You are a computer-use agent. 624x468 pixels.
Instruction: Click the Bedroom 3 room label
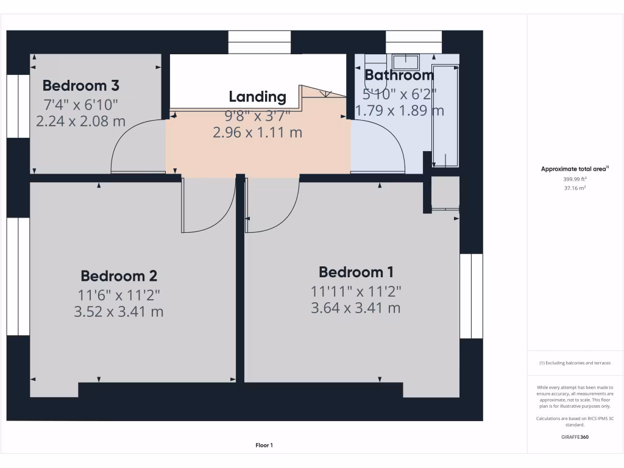click(80, 85)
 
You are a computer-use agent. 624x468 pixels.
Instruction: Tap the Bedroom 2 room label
click(119, 275)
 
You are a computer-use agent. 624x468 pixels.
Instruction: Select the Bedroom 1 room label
click(356, 272)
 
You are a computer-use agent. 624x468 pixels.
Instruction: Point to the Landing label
click(257, 96)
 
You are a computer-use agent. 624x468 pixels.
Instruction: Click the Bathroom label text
click(399, 75)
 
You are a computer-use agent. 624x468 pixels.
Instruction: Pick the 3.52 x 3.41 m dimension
click(118, 312)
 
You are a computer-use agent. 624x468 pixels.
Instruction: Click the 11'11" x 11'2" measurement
click(356, 291)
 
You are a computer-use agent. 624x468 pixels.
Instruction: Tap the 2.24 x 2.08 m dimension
click(80, 121)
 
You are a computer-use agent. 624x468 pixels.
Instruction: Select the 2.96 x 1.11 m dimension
click(257, 132)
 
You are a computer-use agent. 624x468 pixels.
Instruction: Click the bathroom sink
click(405, 62)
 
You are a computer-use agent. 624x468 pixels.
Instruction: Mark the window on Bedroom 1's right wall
click(471, 296)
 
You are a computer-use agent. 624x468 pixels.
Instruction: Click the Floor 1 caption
click(264, 445)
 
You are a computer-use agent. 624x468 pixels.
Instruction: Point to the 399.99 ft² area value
click(575, 180)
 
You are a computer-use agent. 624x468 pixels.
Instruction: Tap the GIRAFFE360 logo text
click(575, 437)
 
